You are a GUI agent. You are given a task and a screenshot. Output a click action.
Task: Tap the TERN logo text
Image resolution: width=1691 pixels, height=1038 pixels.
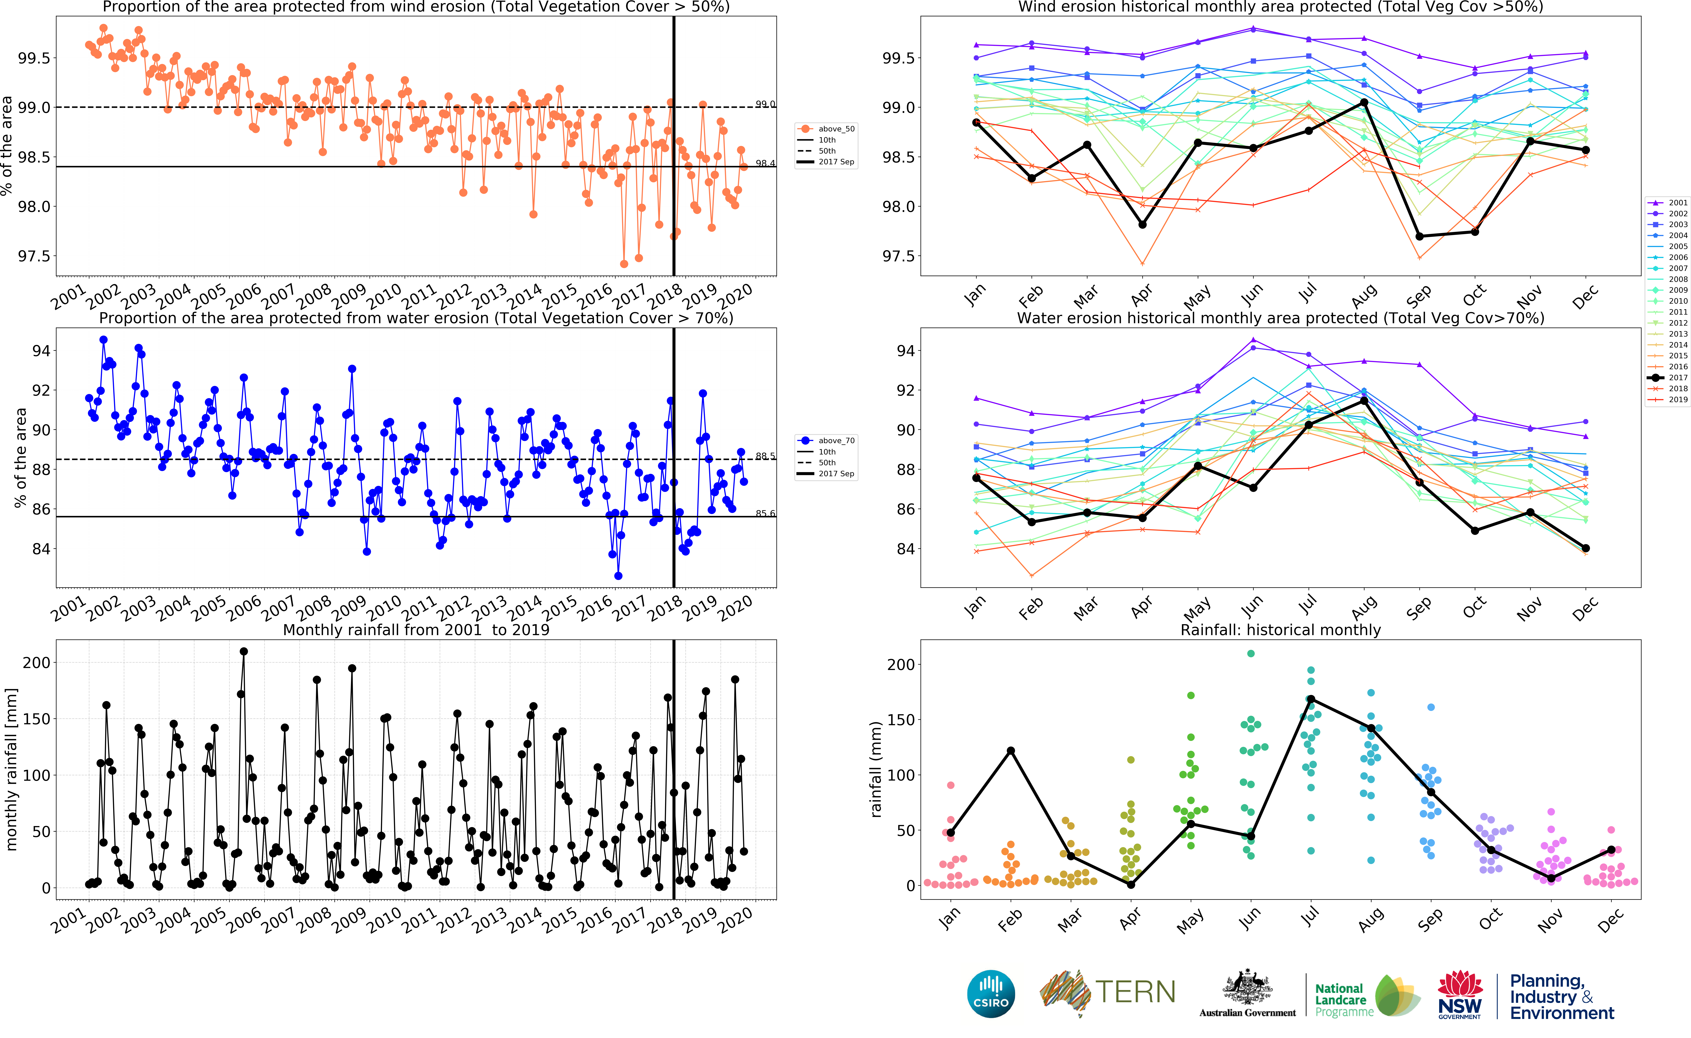[x=1135, y=992]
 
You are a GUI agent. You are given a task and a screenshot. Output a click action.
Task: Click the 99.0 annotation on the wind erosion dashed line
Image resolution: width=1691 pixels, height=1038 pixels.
[x=765, y=104]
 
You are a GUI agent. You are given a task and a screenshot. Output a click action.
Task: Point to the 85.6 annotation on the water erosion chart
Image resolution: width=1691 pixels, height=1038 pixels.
[x=765, y=513]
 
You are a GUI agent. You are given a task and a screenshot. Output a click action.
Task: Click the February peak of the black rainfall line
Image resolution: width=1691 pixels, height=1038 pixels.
[x=1010, y=750]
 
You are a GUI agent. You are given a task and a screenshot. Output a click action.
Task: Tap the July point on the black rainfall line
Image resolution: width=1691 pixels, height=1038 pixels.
[x=1311, y=699]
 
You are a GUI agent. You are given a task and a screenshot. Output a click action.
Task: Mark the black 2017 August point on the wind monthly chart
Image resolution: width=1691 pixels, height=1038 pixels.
[x=1364, y=102]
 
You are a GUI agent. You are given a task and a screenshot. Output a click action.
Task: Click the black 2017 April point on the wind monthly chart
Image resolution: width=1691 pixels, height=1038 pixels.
[x=1142, y=225]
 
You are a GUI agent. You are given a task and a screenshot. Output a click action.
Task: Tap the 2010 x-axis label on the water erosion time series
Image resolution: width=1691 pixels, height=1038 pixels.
[x=384, y=607]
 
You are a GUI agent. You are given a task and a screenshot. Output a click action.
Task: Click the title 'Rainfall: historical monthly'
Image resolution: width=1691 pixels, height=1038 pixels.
[x=1280, y=630]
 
